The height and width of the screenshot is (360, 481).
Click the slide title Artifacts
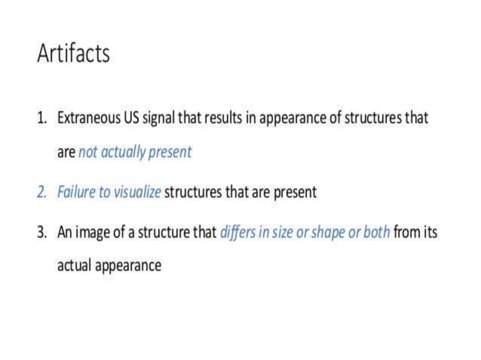73,53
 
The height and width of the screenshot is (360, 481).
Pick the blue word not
88,151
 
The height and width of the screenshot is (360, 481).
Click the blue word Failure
76,192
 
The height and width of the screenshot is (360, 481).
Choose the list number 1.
41,118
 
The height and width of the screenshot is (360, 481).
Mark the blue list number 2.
41,192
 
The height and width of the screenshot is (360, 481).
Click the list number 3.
41,232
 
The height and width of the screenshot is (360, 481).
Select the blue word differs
236,232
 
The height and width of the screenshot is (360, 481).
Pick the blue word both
376,232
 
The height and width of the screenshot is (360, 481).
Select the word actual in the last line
75,266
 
